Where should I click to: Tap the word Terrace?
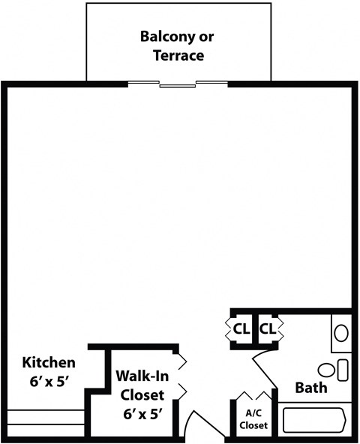(x=178, y=55)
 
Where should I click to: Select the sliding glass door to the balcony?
(x=178, y=85)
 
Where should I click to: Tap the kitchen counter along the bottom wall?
(x=45, y=418)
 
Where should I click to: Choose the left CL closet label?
(x=241, y=328)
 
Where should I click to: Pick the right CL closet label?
(x=268, y=328)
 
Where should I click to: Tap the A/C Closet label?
(x=253, y=419)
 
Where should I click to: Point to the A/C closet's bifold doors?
(x=253, y=395)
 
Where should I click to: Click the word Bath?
(x=310, y=388)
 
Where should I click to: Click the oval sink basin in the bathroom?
(x=341, y=332)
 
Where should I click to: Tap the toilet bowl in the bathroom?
(x=327, y=370)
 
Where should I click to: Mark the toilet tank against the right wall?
(x=343, y=370)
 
